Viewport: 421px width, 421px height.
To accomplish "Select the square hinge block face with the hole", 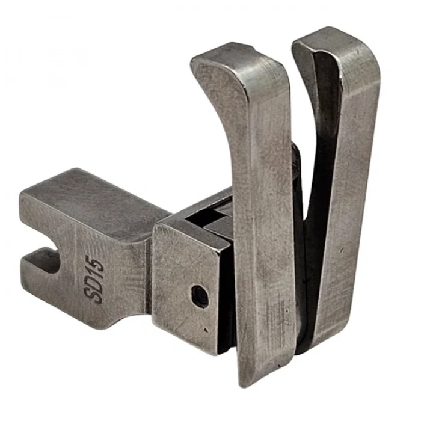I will [186, 283].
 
